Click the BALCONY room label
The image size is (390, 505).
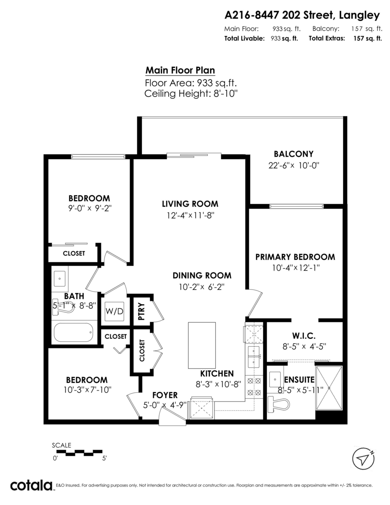pyautogui.click(x=293, y=154)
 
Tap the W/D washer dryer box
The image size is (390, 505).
pyautogui.click(x=114, y=311)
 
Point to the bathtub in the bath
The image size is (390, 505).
pyautogui.click(x=73, y=332)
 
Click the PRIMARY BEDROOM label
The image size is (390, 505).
pyautogui.click(x=295, y=257)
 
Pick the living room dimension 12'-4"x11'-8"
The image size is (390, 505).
pyautogui.click(x=190, y=215)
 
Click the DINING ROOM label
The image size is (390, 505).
pyautogui.click(x=202, y=276)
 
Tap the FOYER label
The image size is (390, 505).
pyautogui.click(x=165, y=395)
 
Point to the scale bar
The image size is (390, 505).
pyautogui.click(x=80, y=453)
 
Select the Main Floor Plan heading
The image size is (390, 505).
pyautogui.click(x=180, y=70)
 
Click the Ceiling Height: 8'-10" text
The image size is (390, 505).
pyautogui.click(x=191, y=93)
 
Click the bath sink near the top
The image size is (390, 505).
pyautogui.click(x=60, y=278)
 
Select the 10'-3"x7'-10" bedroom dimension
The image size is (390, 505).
pyautogui.click(x=88, y=390)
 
